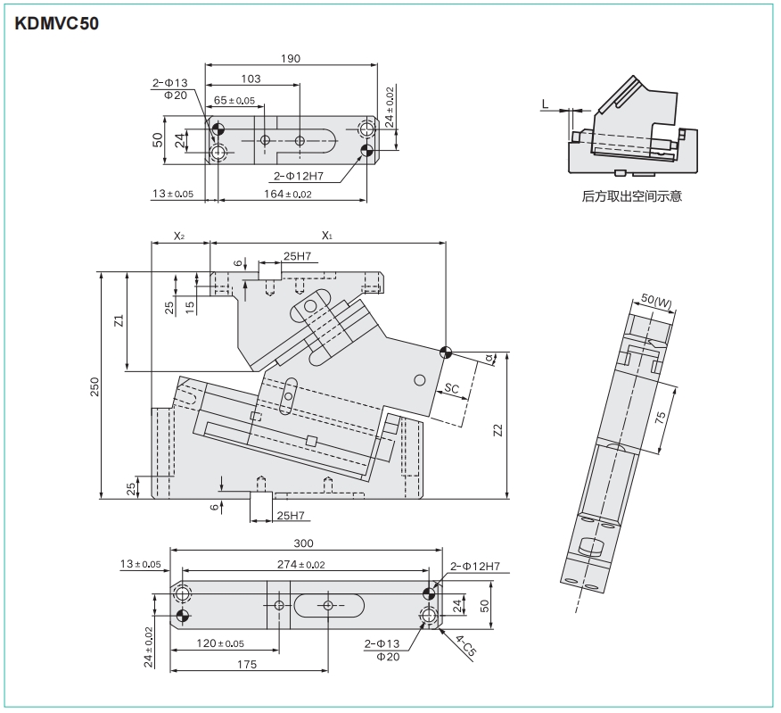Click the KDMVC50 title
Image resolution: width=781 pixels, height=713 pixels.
tap(56, 24)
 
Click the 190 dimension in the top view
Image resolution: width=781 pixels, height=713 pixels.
tap(290, 59)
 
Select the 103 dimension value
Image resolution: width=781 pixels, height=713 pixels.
tap(251, 79)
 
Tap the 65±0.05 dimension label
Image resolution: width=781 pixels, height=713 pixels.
tap(234, 101)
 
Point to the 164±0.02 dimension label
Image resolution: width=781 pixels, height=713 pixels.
tap(288, 194)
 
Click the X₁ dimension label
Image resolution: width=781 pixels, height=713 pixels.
tap(326, 236)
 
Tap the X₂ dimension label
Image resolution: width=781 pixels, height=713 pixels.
tap(179, 236)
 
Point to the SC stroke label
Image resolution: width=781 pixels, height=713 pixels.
tap(452, 388)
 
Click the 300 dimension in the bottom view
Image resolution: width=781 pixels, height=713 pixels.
tap(303, 543)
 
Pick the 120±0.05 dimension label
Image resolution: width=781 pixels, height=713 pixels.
tap(219, 643)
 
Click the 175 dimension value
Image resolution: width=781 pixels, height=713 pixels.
tap(247, 664)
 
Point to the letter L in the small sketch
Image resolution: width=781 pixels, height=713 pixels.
tap(545, 104)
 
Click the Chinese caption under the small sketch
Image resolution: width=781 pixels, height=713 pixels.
tap(631, 195)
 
